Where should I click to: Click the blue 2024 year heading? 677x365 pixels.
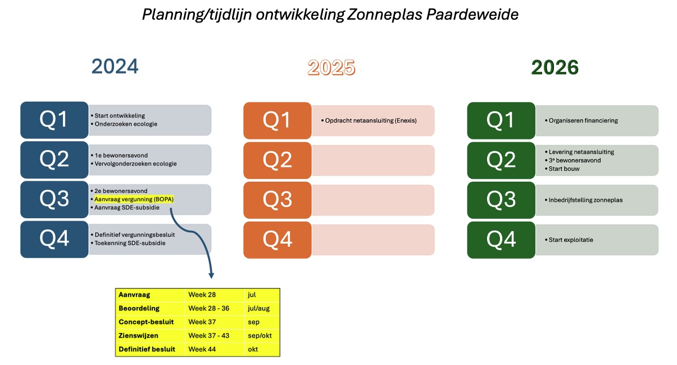click(x=115, y=67)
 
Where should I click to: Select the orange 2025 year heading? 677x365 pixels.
click(x=331, y=67)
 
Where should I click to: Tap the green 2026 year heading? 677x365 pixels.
click(x=555, y=67)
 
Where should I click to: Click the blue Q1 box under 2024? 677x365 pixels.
click(x=54, y=119)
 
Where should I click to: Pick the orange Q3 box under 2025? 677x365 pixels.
click(x=277, y=200)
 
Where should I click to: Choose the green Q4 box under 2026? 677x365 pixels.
click(x=501, y=240)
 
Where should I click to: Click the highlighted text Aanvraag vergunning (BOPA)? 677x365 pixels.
click(x=134, y=199)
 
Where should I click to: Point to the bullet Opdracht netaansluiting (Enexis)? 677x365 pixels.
click(x=370, y=120)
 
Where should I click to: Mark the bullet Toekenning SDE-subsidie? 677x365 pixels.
click(x=130, y=243)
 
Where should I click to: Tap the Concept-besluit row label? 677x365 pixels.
click(x=146, y=322)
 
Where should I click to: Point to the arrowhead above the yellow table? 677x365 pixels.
click(x=212, y=275)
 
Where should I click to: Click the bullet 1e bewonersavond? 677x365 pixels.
click(x=121, y=155)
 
